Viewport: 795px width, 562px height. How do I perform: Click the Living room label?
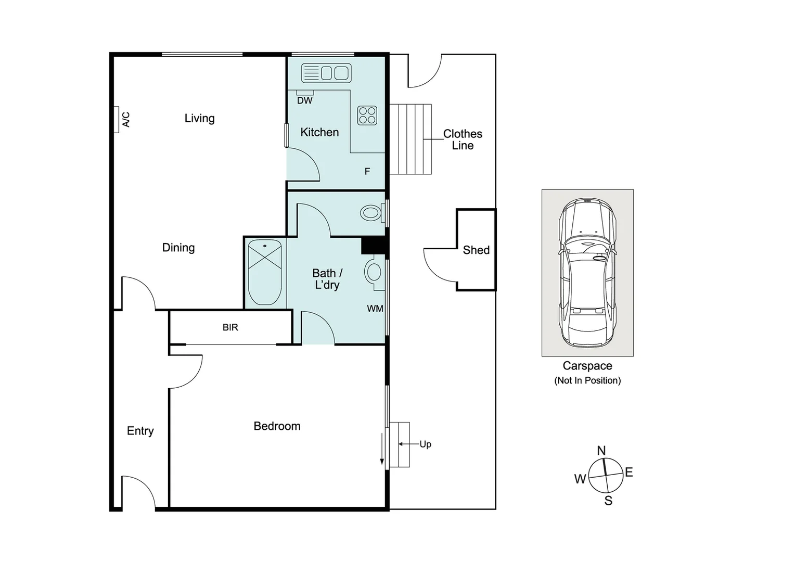pyautogui.click(x=199, y=118)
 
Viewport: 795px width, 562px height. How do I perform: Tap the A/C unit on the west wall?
pyautogui.click(x=117, y=120)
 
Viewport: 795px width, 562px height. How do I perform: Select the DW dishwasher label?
pyautogui.click(x=304, y=100)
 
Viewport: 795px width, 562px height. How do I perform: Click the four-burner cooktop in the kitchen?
pyautogui.click(x=367, y=116)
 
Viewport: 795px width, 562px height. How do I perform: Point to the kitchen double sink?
pyautogui.click(x=327, y=73)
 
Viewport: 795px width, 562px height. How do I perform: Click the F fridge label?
pyautogui.click(x=367, y=171)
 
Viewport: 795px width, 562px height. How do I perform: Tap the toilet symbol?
pyautogui.click(x=371, y=213)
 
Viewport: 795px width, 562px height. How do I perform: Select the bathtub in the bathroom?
pyautogui.click(x=265, y=272)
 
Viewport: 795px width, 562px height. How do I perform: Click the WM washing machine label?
pyautogui.click(x=375, y=309)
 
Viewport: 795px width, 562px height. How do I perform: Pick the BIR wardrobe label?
pyautogui.click(x=230, y=327)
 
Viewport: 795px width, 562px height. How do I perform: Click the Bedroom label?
pyautogui.click(x=277, y=426)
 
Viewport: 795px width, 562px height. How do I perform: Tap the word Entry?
pyautogui.click(x=140, y=431)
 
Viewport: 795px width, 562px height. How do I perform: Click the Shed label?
pyautogui.click(x=476, y=250)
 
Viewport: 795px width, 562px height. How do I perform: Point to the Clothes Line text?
pyautogui.click(x=463, y=139)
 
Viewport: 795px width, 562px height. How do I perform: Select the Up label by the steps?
pyautogui.click(x=425, y=444)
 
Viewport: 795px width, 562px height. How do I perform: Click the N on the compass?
pyautogui.click(x=601, y=451)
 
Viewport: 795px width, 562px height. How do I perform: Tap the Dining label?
pyautogui.click(x=178, y=248)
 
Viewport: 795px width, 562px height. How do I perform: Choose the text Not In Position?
pyautogui.click(x=587, y=380)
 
